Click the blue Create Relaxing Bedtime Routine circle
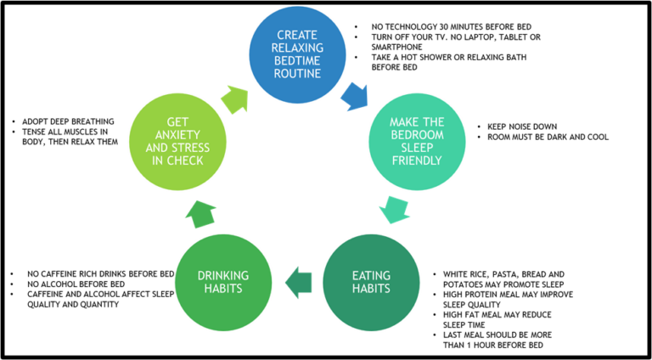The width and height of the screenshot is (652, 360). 297,54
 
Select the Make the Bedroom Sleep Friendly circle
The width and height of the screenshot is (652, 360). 417,141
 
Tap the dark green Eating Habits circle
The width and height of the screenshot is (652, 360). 371,282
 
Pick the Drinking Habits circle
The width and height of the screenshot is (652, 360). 223,282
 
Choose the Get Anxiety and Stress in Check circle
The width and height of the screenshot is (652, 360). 177,141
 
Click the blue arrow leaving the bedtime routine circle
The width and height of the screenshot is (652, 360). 354,97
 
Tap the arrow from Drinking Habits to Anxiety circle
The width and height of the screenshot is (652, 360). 201,212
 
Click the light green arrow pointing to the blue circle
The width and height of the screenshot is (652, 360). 234,99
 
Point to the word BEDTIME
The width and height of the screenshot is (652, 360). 297,61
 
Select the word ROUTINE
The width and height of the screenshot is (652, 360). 297,75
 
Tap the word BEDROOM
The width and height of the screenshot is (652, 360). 417,134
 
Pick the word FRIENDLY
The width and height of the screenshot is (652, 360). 417,160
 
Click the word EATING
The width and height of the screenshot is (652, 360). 371,275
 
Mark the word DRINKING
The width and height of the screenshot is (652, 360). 223,275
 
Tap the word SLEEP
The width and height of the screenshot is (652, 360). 417,148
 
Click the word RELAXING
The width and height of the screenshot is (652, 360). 297,48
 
